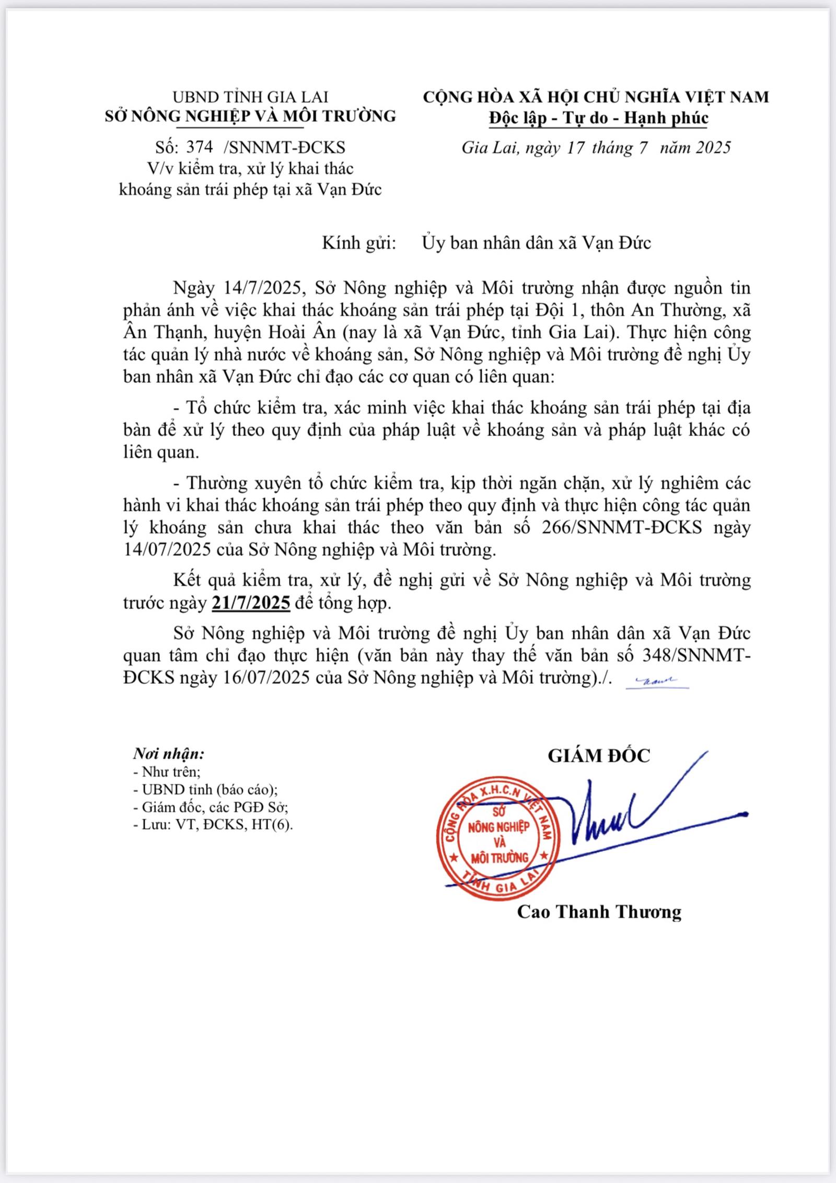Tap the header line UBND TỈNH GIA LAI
[250, 97]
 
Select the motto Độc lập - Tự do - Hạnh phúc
[598, 118]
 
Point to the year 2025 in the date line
[713, 147]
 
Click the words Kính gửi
[358, 243]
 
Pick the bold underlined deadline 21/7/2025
[251, 603]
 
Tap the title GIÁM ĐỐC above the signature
[599, 755]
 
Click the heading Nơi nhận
[168, 753]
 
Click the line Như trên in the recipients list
[167, 772]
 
